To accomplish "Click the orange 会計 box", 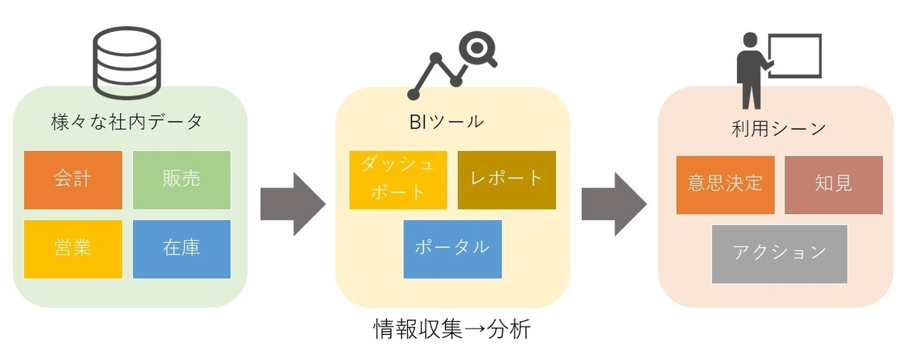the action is click(x=73, y=180).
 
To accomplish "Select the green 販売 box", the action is click(x=182, y=180).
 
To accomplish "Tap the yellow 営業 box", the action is click(x=73, y=248).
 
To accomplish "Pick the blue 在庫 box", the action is click(x=182, y=248).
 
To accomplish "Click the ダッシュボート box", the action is click(x=398, y=180).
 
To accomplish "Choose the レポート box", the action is click(x=507, y=180).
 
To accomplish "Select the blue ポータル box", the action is click(x=453, y=248).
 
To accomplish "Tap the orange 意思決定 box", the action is click(x=725, y=185).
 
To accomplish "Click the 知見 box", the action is click(x=833, y=185).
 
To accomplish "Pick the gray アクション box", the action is click(x=779, y=254).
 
